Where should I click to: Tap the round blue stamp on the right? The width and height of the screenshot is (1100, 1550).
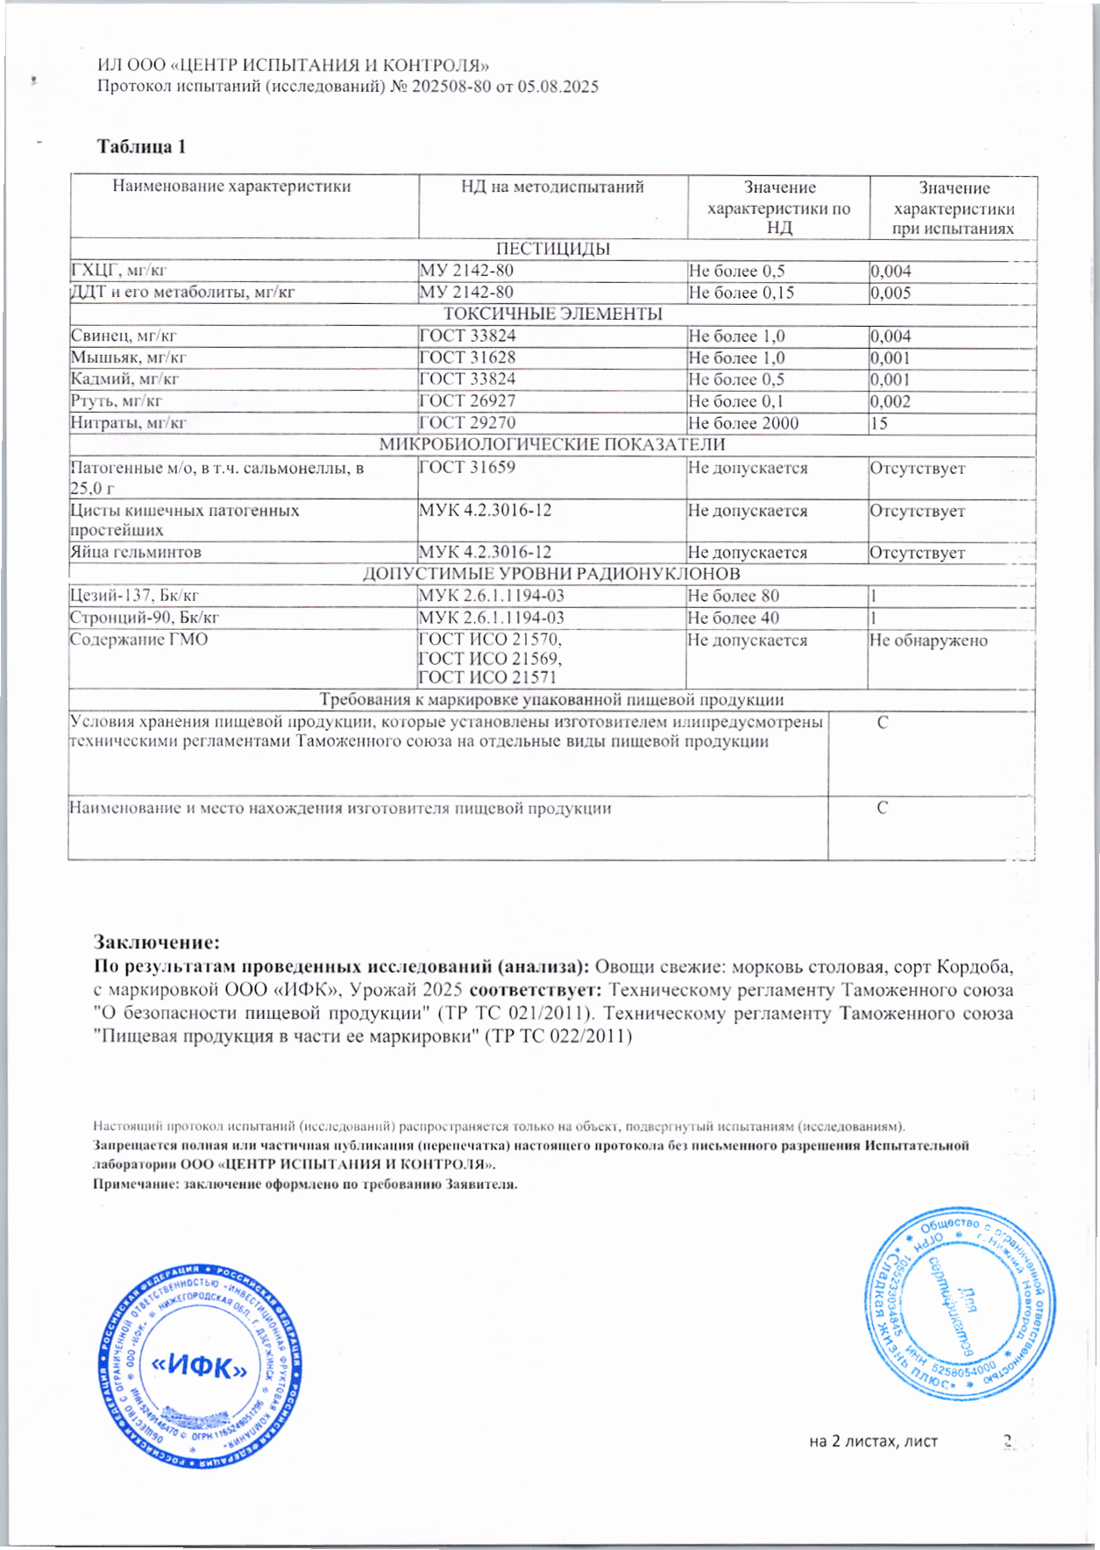pos(959,1303)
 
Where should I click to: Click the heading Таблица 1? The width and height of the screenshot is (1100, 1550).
pos(141,146)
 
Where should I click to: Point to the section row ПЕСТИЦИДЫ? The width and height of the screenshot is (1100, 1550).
pos(552,249)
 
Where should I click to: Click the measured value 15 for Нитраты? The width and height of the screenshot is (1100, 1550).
pos(878,423)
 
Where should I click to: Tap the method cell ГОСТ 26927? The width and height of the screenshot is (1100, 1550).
pos(467,401)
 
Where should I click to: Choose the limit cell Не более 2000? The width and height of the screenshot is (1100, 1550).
pos(743,423)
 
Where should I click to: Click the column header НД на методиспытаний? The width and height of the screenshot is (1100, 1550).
pos(552,187)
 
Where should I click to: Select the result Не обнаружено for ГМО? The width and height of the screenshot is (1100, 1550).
pos(928,641)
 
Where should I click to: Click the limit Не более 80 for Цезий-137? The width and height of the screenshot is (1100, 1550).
pos(734,596)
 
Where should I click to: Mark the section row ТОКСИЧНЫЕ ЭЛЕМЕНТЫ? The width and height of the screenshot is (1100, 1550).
pos(552,314)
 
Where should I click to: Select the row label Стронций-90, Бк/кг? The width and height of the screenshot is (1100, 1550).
pos(144,618)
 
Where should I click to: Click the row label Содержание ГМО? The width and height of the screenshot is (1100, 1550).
pos(138,640)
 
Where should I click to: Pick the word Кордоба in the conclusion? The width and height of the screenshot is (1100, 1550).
pos(975,967)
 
